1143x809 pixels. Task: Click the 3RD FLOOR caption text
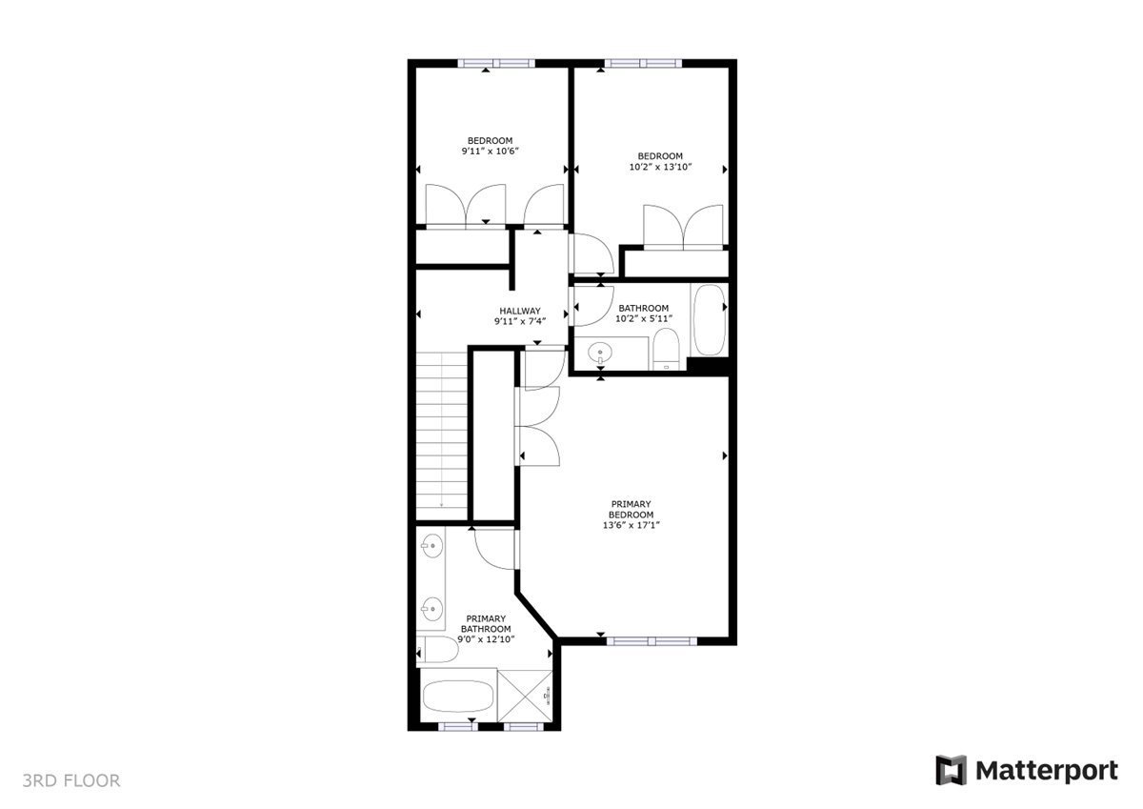coord(72,781)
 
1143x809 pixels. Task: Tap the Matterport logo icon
coord(951,770)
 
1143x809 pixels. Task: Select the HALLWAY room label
coord(519,311)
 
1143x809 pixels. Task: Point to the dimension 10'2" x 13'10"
coord(660,167)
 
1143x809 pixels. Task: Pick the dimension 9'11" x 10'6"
coord(490,152)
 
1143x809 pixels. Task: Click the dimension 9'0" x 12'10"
coord(487,639)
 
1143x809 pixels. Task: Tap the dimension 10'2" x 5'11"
coord(644,318)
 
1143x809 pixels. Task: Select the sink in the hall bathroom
coord(601,354)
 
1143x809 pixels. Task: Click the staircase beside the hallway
coord(442,429)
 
